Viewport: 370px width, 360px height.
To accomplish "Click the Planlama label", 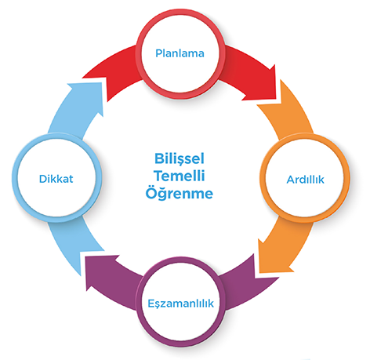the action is coord(180,53).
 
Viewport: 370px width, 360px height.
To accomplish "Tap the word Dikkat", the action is coord(56,179).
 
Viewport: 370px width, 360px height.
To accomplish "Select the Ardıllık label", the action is coord(305,180).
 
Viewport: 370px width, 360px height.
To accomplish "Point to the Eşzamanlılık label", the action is coord(181,304).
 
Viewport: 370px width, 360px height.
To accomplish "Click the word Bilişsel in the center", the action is coord(180,158).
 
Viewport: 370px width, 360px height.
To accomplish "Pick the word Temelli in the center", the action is coord(180,176).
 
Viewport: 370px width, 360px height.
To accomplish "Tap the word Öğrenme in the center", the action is coord(180,193).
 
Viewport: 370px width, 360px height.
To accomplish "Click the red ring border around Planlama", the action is coord(140,53).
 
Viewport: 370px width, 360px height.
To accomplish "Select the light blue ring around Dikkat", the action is coord(16,179).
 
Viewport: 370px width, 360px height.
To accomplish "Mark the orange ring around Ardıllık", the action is coord(346,179).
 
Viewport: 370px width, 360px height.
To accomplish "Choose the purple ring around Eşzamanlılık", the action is coord(140,304).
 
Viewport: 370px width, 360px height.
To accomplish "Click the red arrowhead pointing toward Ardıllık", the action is coord(265,86).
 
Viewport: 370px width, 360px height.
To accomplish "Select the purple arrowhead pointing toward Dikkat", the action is coord(100,272).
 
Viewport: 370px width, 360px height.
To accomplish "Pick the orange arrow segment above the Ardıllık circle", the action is coord(288,110).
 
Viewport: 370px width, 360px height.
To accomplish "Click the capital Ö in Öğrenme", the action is coord(151,192).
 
